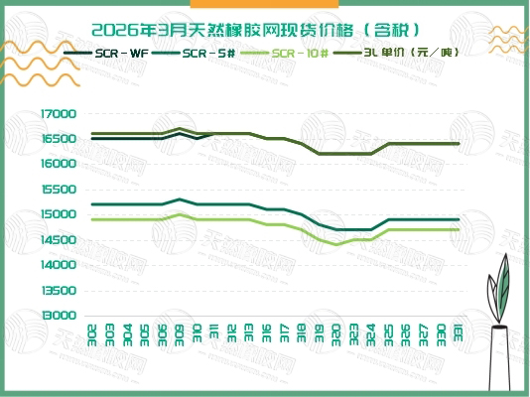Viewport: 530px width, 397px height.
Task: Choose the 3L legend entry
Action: pos(398,52)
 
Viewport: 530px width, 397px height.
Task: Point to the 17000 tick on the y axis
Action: pos(59,113)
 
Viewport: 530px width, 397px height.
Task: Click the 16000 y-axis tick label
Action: pos(59,164)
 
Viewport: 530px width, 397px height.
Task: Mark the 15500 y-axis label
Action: pos(59,189)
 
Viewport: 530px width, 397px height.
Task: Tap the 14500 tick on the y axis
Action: pos(59,239)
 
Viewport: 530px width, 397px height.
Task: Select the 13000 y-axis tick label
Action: pos(59,316)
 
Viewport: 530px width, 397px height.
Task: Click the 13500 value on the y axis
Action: pos(59,291)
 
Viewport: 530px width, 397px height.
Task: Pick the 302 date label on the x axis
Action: pos(91,331)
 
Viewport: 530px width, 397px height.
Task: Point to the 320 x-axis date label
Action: pos(336,331)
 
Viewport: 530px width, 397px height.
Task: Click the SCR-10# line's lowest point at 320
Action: pos(336,244)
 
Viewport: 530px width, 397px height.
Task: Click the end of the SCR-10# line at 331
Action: pos(458,229)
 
